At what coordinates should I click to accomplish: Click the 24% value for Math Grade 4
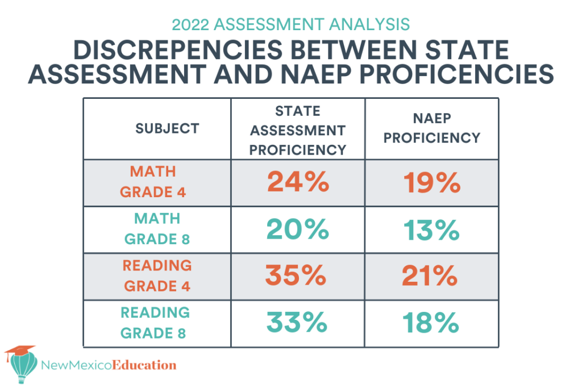point(298,182)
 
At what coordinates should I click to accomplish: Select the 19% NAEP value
point(431,182)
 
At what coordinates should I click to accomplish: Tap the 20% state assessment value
point(298,230)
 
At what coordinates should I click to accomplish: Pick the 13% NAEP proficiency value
point(431,230)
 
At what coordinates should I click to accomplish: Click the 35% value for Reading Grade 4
point(296,276)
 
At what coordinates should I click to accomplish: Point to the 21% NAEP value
point(430,276)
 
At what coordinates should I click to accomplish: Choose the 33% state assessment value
point(297,323)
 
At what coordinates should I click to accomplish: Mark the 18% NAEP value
point(431,323)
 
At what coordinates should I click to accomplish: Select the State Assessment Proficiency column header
point(298,130)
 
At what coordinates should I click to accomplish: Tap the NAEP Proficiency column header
point(431,128)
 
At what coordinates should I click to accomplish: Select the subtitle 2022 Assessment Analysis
point(290,24)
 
